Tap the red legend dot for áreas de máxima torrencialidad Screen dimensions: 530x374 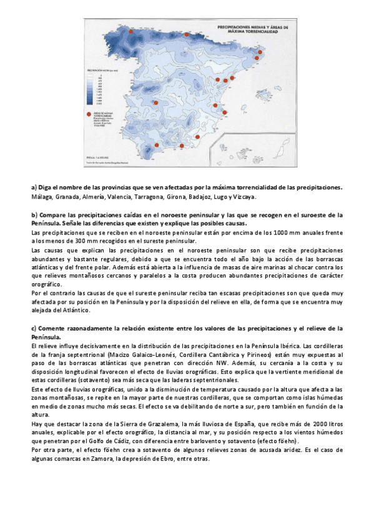[89, 114]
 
